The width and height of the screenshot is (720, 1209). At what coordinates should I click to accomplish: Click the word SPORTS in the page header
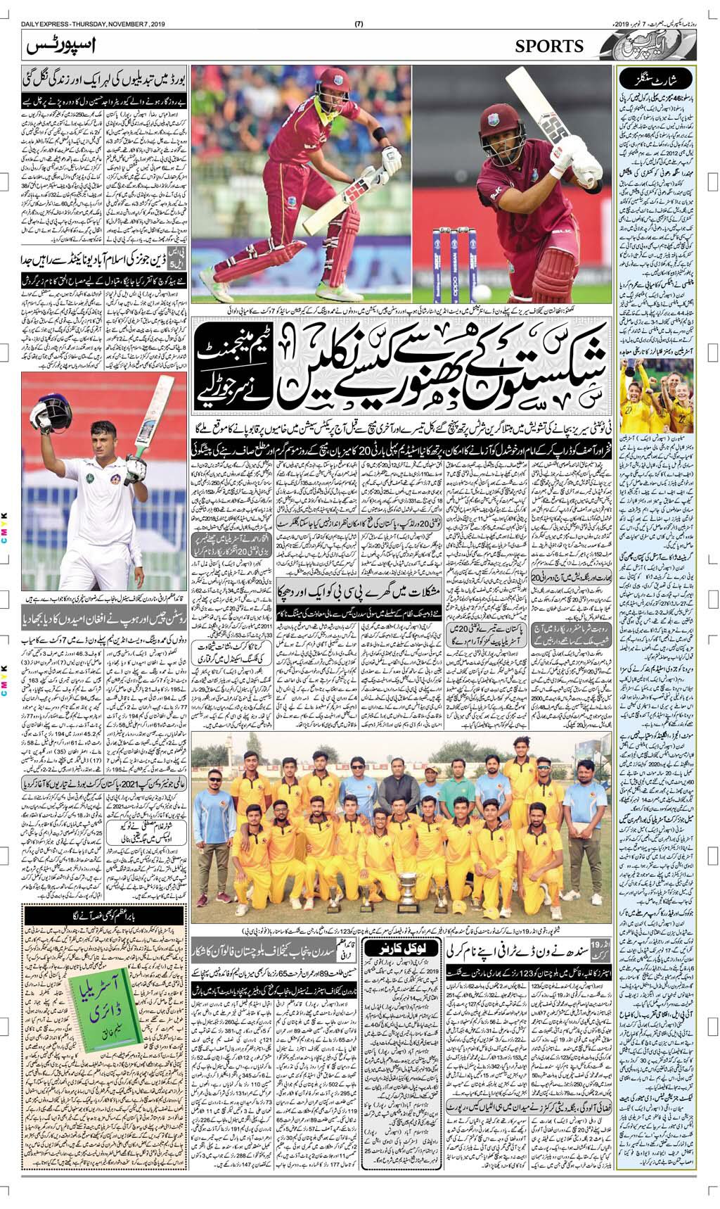[x=549, y=46]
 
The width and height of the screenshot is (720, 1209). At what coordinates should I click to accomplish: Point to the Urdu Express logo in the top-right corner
[x=634, y=46]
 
